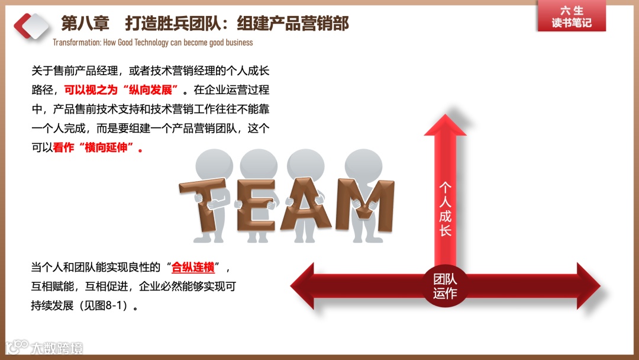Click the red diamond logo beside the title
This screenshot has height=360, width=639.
pyautogui.click(x=31, y=25)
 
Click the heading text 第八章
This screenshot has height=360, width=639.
pyautogui.click(x=85, y=24)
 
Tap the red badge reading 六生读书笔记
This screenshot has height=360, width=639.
pyautogui.click(x=571, y=17)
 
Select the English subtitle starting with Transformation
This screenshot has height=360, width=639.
pyautogui.click(x=153, y=43)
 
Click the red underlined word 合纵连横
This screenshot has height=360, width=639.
pyautogui.click(x=192, y=267)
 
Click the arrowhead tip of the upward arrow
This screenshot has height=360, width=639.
pyautogui.click(x=445, y=118)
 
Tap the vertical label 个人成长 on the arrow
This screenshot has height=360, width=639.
pyautogui.click(x=445, y=208)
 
